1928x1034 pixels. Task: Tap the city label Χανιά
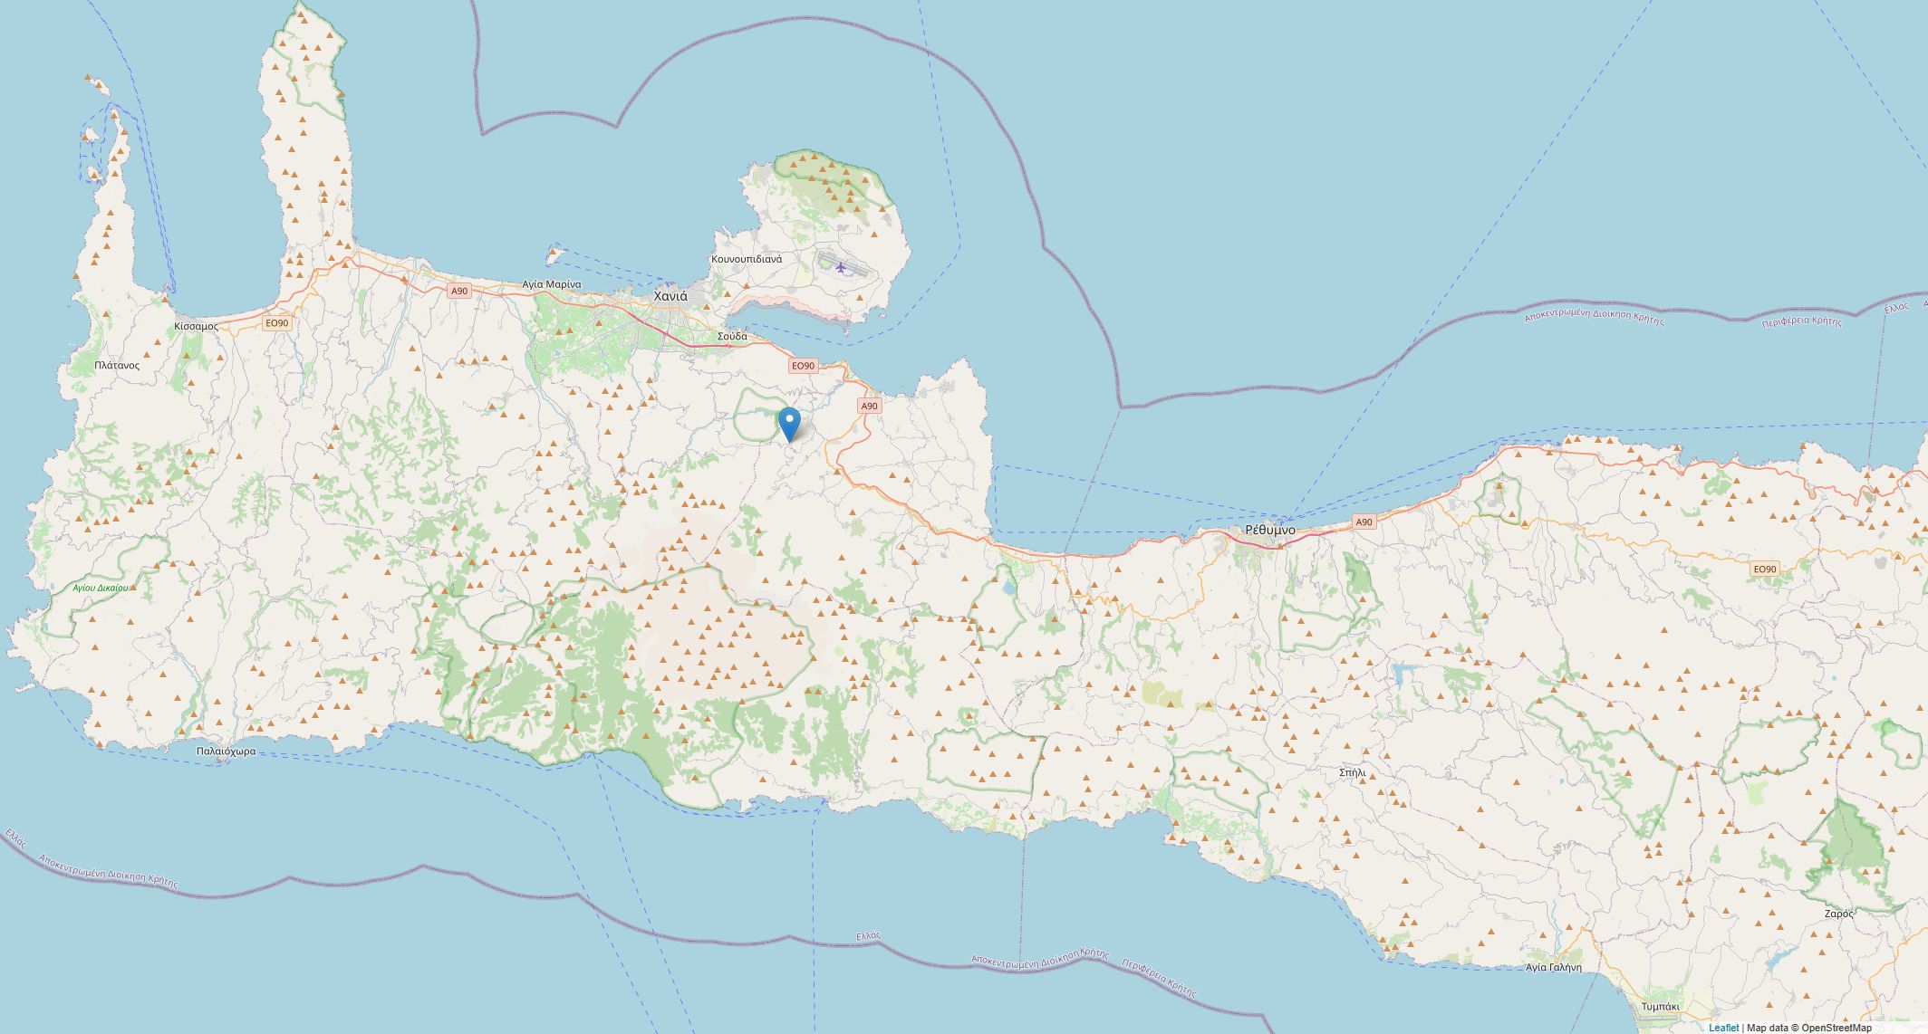(670, 296)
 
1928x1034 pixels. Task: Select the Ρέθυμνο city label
(1269, 530)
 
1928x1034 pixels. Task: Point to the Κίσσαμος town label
(196, 325)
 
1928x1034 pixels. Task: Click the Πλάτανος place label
(117, 365)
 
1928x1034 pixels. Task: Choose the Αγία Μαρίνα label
(551, 284)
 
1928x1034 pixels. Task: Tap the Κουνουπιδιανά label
(747, 259)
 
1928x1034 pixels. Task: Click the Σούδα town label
(732, 336)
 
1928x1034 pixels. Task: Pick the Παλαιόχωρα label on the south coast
(227, 751)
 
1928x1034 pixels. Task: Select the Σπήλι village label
(1352, 772)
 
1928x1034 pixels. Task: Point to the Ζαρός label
(1838, 914)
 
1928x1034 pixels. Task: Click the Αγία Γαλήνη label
(1554, 967)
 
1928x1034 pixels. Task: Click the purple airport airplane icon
(842, 266)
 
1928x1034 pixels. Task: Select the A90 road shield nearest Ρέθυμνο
(1364, 522)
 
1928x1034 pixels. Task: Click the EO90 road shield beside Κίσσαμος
(276, 322)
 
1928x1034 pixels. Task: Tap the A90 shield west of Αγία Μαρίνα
(459, 291)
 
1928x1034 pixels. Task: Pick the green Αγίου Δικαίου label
(101, 588)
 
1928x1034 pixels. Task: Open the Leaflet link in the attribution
(1723, 1028)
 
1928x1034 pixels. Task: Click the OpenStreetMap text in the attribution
(1836, 1028)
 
